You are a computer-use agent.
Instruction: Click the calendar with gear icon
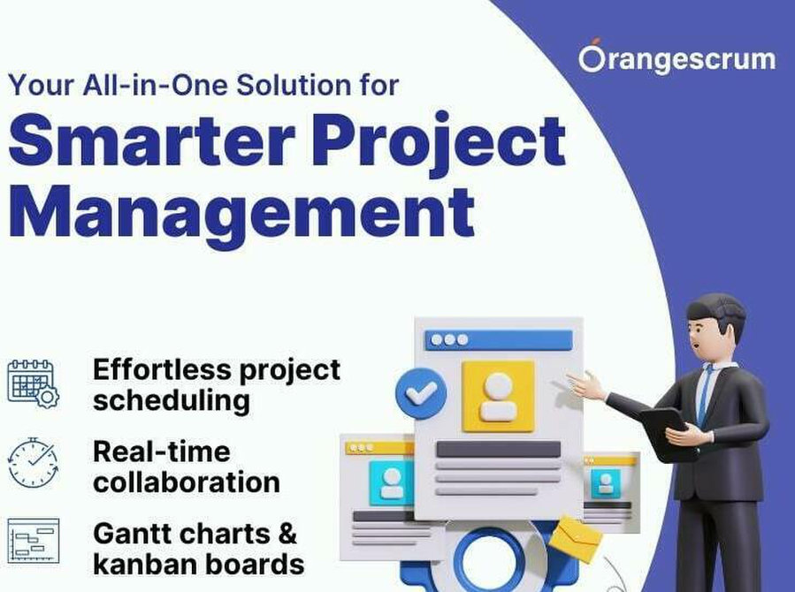coord(33,383)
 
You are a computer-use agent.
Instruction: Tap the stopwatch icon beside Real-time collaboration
coord(33,463)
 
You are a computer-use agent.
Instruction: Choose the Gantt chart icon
coord(34,541)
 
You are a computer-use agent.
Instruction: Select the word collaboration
coord(187,482)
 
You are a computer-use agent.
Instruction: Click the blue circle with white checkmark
coord(421,393)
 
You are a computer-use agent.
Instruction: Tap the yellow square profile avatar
coord(499,397)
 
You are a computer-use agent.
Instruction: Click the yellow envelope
coord(577,539)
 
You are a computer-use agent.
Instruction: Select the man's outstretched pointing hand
coord(585,385)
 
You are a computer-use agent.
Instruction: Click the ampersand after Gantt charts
coord(287,534)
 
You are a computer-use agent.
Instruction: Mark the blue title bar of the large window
coord(499,340)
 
